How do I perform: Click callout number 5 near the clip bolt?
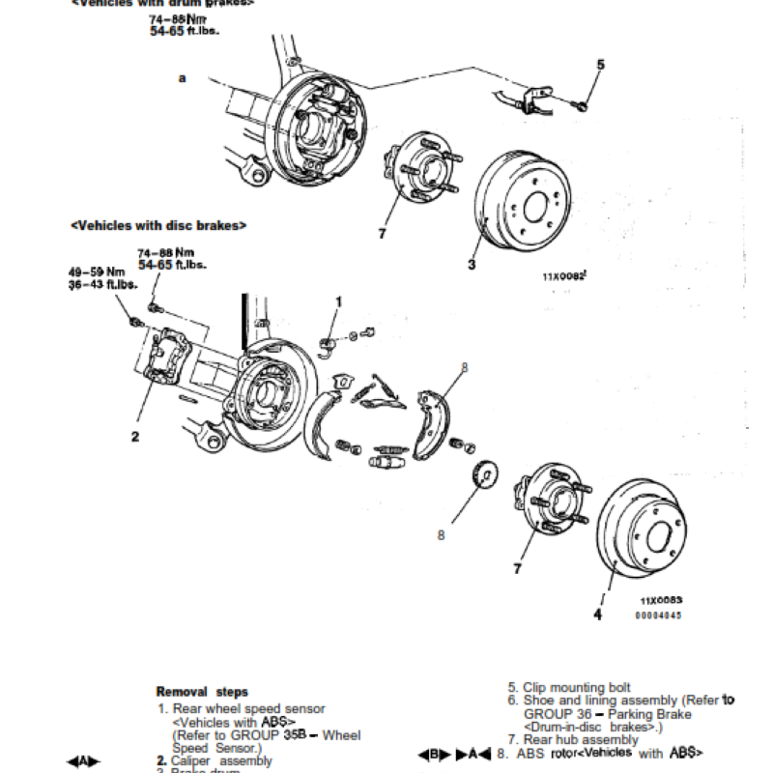click(x=600, y=65)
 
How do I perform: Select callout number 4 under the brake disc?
click(x=597, y=613)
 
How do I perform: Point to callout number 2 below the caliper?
click(x=135, y=436)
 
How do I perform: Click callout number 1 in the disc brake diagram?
click(x=338, y=302)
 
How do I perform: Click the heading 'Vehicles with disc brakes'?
click(x=158, y=225)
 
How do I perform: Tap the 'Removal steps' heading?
click(x=202, y=692)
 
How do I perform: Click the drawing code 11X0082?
click(x=565, y=275)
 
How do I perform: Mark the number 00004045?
click(x=659, y=615)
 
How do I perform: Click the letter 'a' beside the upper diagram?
click(x=182, y=77)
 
